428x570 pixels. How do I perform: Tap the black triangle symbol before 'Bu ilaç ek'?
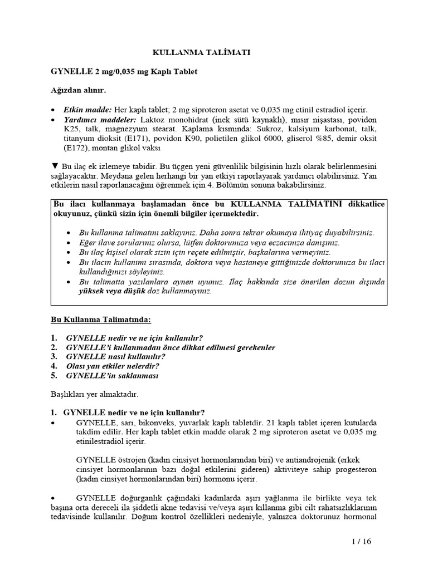[x=54, y=166]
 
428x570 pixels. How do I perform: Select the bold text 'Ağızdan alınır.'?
[x=75, y=90]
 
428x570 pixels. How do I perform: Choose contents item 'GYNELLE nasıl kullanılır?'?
[x=115, y=356]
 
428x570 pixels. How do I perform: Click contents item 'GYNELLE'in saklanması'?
[x=112, y=376]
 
